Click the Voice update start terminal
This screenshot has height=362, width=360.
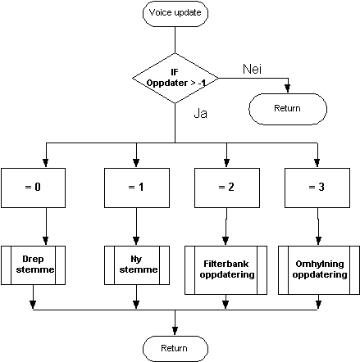tap(175, 14)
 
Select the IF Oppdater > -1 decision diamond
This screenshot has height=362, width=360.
tap(175, 79)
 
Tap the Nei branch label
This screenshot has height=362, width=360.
tap(252, 69)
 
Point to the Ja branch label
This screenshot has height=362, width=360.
tap(200, 113)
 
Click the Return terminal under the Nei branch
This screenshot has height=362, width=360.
tap(288, 109)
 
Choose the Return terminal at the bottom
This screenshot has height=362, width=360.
tap(175, 349)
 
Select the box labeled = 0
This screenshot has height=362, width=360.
tap(33, 188)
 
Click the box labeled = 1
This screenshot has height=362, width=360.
tap(137, 188)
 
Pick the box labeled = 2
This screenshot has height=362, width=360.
tap(227, 188)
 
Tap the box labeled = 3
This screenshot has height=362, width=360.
tap(317, 188)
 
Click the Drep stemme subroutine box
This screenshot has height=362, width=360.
tap(33, 265)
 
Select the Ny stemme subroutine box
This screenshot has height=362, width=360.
tap(137, 265)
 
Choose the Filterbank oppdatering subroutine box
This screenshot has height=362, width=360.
tap(226, 270)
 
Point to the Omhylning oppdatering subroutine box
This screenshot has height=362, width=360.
tap(319, 270)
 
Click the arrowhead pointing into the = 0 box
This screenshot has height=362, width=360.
tap(46, 163)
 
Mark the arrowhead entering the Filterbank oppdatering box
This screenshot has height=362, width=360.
tap(226, 241)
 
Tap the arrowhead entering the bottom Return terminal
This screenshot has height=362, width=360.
tap(175, 331)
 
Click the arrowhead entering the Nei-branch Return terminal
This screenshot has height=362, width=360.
tap(287, 88)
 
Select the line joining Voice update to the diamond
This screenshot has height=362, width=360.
tap(175, 40)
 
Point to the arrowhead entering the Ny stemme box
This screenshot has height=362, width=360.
tap(136, 241)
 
